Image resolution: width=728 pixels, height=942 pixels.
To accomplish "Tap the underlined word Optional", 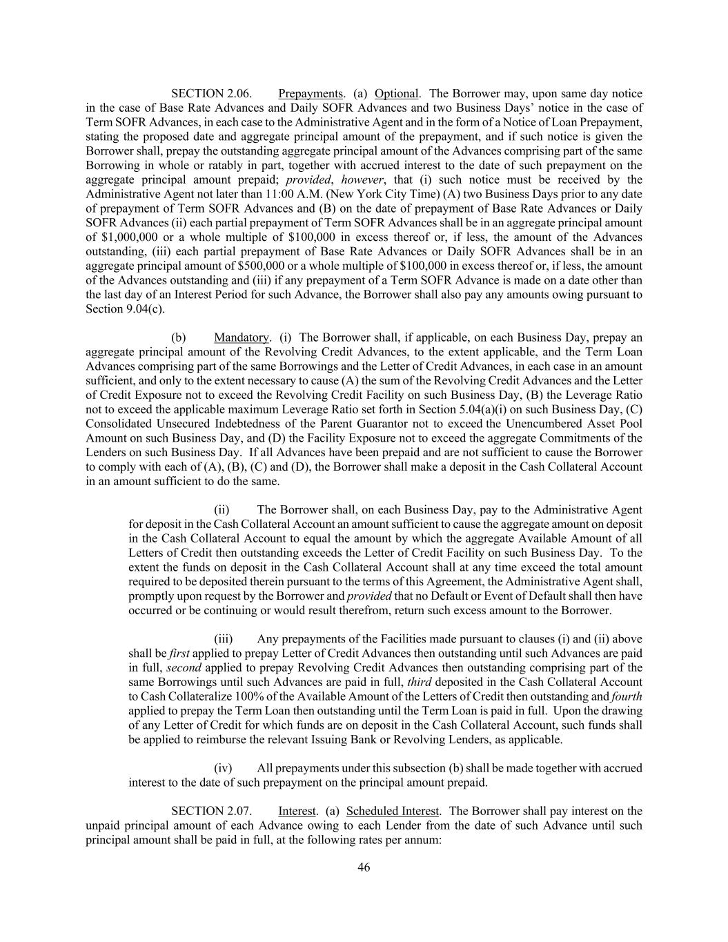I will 397,93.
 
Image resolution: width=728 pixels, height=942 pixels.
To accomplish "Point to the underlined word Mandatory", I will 241,337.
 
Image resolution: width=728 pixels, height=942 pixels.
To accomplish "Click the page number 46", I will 364,867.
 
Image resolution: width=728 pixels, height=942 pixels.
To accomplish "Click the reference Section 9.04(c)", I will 125,308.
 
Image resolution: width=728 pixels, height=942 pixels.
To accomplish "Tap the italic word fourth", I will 627,696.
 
